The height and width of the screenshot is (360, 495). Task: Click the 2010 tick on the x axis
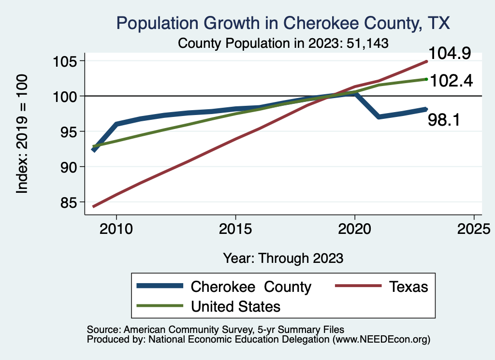116,229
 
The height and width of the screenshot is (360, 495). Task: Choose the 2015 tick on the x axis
235,229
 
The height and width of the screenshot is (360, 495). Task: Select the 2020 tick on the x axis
355,229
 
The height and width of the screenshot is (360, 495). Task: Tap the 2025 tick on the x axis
474,229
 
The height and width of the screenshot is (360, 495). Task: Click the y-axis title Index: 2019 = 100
22,134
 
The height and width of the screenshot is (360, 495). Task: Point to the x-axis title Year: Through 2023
283,258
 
